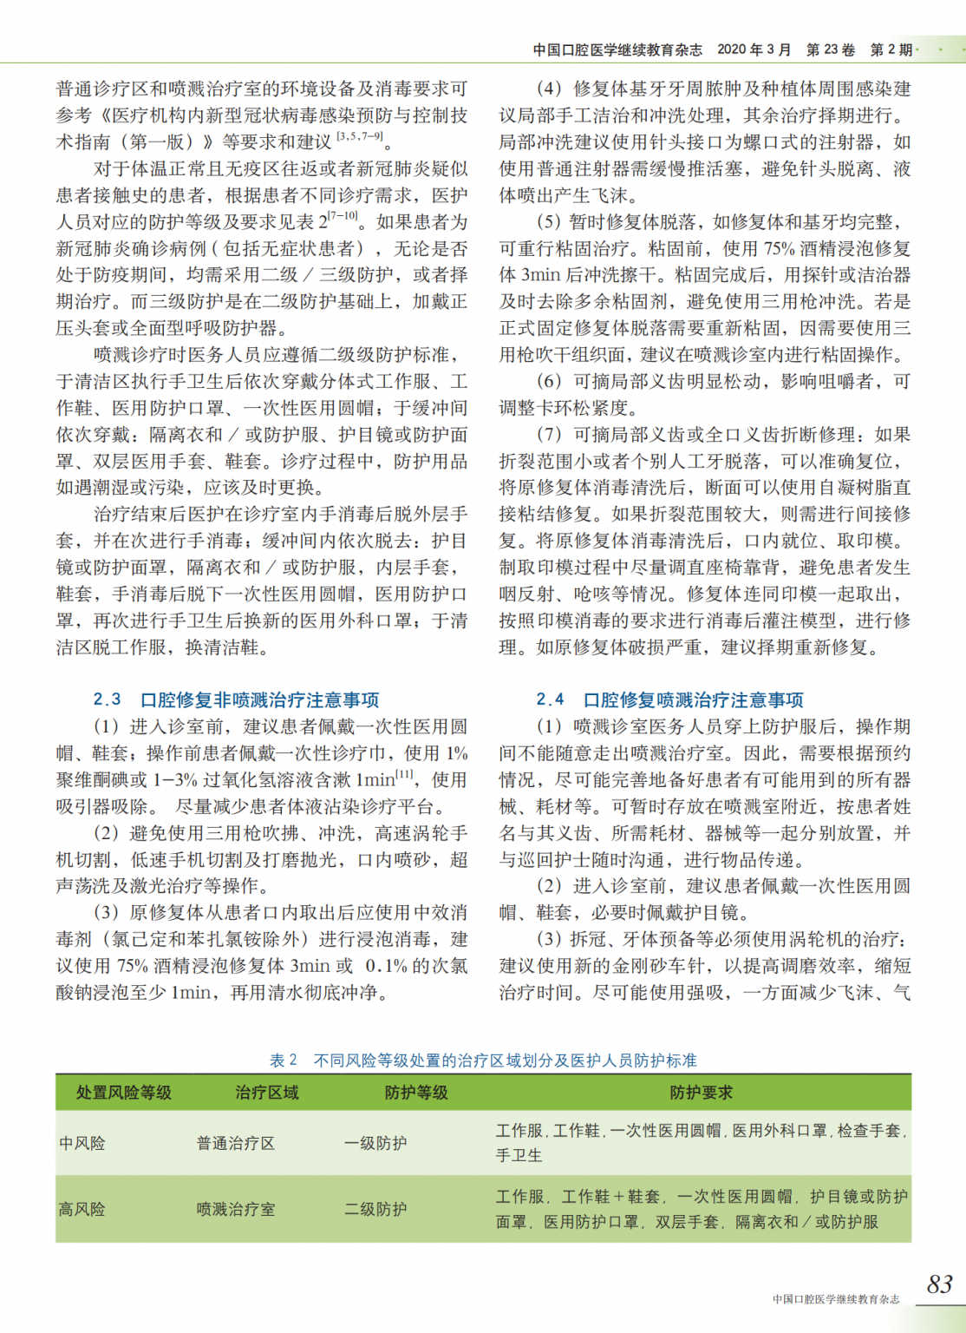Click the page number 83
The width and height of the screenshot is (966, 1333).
(x=939, y=1284)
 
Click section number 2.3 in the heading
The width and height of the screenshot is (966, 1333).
(x=108, y=699)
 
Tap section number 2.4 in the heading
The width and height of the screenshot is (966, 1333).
(x=550, y=699)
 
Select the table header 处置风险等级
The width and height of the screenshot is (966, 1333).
(x=123, y=1093)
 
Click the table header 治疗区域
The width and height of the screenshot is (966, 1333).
(x=266, y=1093)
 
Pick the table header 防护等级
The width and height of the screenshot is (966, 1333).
(x=416, y=1093)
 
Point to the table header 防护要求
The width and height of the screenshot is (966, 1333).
(x=701, y=1093)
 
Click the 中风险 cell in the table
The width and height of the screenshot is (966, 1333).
(x=82, y=1143)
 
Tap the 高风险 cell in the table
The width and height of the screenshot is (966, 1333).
(x=82, y=1209)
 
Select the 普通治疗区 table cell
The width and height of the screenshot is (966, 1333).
(x=236, y=1143)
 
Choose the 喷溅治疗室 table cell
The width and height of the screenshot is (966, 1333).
(x=236, y=1209)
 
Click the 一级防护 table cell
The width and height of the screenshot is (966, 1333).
(x=375, y=1143)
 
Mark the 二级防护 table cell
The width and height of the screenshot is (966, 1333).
(x=375, y=1209)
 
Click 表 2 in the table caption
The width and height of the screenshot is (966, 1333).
(x=284, y=1060)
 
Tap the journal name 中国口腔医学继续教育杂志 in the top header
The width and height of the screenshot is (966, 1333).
(x=617, y=49)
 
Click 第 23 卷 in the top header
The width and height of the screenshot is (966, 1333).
(x=830, y=49)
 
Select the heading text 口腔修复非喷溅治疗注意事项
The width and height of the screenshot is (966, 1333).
(x=260, y=699)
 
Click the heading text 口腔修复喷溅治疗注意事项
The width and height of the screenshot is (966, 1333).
(x=693, y=699)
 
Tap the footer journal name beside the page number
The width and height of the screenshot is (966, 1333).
(x=836, y=1299)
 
